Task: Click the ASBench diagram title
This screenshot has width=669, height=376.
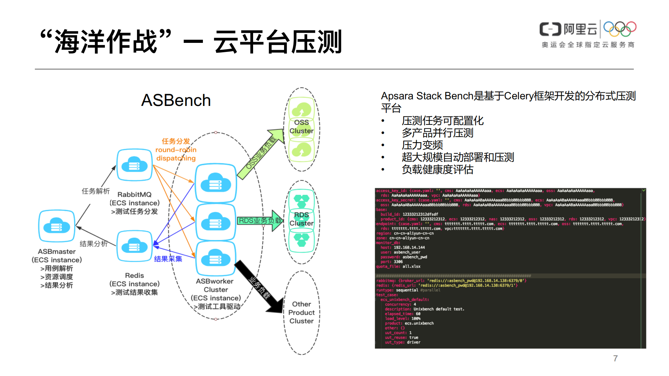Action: click(x=176, y=100)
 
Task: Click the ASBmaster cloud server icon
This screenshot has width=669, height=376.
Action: click(x=56, y=226)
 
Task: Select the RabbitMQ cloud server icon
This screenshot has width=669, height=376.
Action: click(x=134, y=165)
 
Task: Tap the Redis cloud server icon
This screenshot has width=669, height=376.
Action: click(x=134, y=246)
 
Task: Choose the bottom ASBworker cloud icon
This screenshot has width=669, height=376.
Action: click(x=215, y=258)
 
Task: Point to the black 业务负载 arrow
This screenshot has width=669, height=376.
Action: click(x=259, y=288)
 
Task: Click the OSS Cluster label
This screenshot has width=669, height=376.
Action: click(x=302, y=127)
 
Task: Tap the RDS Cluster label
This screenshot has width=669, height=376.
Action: click(x=302, y=219)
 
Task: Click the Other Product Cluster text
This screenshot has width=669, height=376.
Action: click(x=302, y=313)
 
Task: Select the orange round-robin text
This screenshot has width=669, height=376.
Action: click(x=176, y=150)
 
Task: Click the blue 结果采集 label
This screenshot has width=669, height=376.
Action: click(x=168, y=259)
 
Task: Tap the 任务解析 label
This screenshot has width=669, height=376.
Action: click(x=96, y=191)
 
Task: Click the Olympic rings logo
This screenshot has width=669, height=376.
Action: click(x=620, y=29)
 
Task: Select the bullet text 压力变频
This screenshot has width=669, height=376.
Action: click(x=422, y=145)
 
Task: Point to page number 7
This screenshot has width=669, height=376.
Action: click(x=615, y=358)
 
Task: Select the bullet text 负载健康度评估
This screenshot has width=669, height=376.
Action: click(x=438, y=169)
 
